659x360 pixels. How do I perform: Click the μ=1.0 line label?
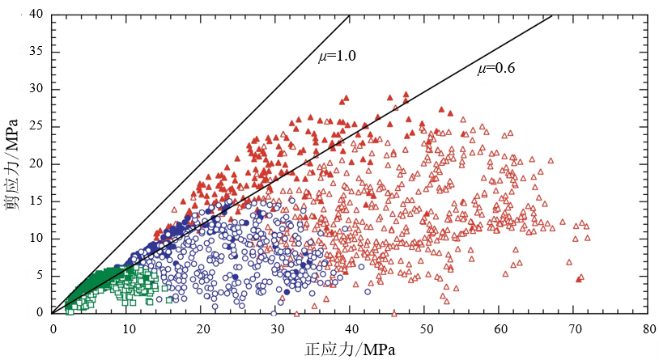point(337,56)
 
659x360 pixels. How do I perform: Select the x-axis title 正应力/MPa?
point(350,349)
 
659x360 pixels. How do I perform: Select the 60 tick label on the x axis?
point(500,328)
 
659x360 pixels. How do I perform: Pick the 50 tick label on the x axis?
point(426,328)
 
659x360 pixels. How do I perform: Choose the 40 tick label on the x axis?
point(351,328)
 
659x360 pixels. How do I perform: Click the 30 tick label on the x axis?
point(276,328)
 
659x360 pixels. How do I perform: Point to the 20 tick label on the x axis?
point(202,328)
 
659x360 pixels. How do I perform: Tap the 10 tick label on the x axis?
point(127,328)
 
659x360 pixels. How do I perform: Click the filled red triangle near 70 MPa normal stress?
point(579,279)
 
